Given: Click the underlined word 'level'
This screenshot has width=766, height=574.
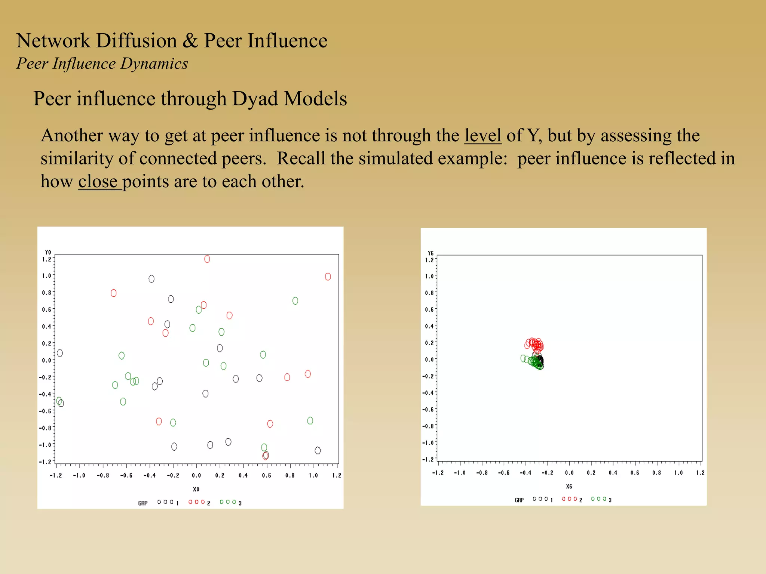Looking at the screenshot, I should [482, 135].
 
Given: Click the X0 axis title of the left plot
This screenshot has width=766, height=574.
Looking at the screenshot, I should [196, 489].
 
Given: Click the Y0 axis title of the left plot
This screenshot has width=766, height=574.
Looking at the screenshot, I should [48, 252].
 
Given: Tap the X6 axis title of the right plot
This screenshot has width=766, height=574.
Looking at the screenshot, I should [569, 487].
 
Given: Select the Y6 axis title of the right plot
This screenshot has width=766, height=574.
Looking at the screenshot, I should [431, 253].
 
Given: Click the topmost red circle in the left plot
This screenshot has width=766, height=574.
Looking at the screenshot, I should [207, 259].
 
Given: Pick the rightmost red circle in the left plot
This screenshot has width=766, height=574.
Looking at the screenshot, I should [328, 277].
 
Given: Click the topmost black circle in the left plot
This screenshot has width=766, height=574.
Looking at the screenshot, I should [151, 279].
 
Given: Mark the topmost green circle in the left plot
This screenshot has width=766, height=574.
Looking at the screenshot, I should [295, 301].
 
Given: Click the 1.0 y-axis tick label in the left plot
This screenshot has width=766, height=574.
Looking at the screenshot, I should [46, 276].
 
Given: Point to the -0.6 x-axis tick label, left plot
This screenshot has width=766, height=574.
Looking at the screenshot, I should [126, 475].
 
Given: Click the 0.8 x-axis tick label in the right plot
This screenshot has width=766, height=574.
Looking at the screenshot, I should [657, 473].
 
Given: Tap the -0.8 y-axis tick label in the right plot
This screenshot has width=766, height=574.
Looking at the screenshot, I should [428, 426].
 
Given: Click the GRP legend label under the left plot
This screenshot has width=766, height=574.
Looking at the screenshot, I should [143, 503].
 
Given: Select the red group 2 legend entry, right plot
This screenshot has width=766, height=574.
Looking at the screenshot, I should [572, 499].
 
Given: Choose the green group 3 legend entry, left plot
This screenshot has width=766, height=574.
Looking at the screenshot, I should [230, 502].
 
